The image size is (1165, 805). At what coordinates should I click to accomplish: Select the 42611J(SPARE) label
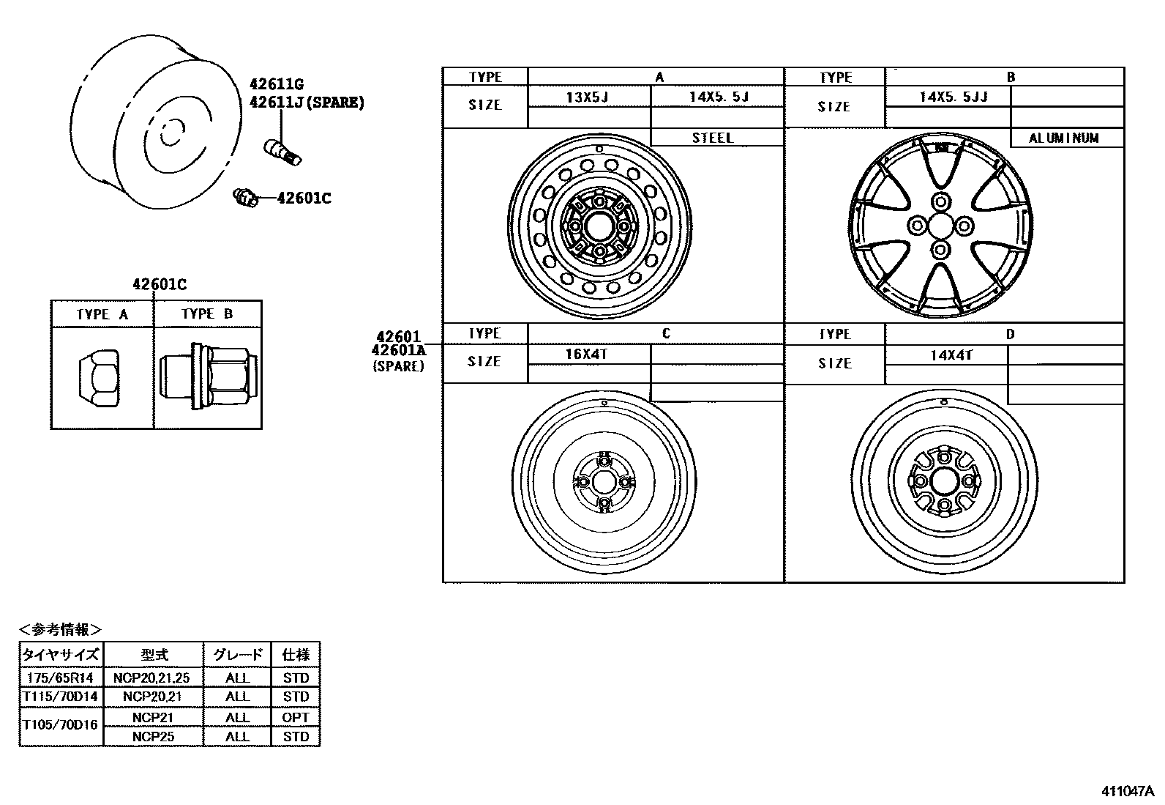pyautogui.click(x=306, y=103)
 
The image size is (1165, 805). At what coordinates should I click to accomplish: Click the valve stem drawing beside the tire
pyautogui.click(x=282, y=150)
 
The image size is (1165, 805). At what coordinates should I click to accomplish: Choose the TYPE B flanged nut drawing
pyautogui.click(x=208, y=377)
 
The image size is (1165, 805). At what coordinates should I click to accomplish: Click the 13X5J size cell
pyautogui.click(x=588, y=97)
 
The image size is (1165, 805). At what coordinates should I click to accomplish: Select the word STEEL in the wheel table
pyautogui.click(x=712, y=138)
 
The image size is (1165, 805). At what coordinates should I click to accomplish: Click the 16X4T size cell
pyautogui.click(x=587, y=354)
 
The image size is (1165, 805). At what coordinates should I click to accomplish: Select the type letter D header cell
pyautogui.click(x=1010, y=334)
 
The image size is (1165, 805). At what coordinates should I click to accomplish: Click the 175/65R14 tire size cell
pyautogui.click(x=61, y=678)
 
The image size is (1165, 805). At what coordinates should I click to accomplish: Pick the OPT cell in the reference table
pyautogui.click(x=295, y=717)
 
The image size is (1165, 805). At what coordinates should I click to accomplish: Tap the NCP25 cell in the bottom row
pyautogui.click(x=153, y=736)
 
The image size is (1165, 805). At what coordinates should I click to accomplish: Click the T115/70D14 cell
pyautogui.click(x=61, y=697)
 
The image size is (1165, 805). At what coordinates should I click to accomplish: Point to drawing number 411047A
pyautogui.click(x=1127, y=791)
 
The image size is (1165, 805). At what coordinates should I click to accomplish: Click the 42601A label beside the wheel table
pyautogui.click(x=398, y=351)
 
